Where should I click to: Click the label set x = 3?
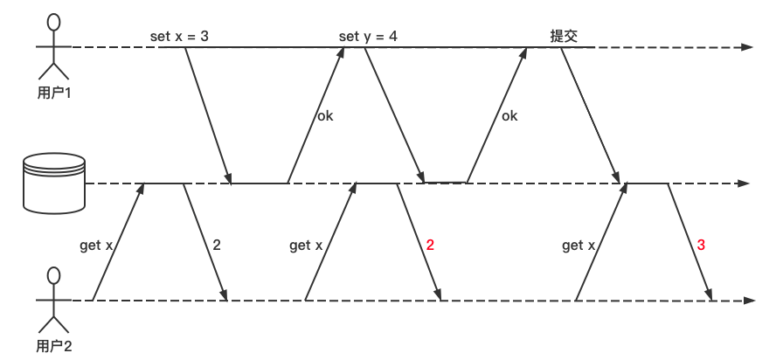coord(180,37)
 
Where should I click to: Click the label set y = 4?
coord(368,37)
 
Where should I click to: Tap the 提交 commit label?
coord(563,37)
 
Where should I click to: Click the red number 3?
coord(701,246)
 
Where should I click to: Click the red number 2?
coord(429,246)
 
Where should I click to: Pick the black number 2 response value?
coord(216,246)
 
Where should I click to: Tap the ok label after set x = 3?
coord(325,114)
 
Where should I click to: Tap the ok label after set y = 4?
coord(509,114)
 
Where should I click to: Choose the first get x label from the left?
coord(97,246)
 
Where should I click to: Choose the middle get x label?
coord(306,246)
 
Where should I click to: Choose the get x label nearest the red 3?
coord(579,246)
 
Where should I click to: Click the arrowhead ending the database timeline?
coord(745,183)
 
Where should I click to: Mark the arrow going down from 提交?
coord(591,114)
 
